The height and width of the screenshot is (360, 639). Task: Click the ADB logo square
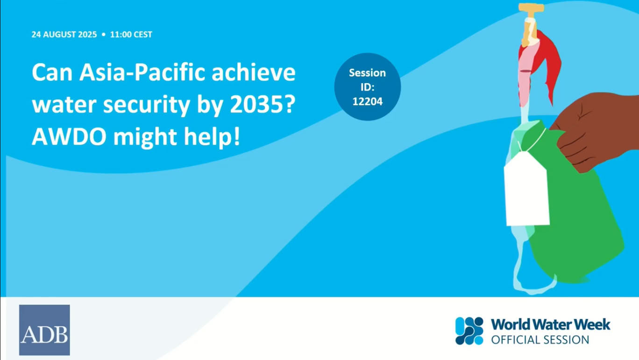click(44, 330)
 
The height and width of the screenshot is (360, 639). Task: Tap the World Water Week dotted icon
click(469, 331)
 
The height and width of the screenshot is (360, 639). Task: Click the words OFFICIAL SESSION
click(540, 340)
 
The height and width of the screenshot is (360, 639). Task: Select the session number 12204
click(368, 101)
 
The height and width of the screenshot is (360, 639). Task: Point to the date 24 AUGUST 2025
click(64, 35)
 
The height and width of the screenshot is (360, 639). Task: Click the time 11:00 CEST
click(131, 35)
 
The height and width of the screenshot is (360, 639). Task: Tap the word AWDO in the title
click(69, 137)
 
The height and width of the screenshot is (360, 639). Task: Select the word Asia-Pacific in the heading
click(142, 72)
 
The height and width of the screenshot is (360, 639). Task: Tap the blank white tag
click(526, 190)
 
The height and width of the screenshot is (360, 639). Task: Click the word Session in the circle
click(368, 73)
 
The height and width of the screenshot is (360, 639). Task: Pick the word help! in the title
click(212, 137)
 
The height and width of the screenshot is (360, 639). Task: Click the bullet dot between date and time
click(104, 35)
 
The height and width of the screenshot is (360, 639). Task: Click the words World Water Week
click(551, 325)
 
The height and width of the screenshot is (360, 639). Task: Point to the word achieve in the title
click(254, 72)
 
